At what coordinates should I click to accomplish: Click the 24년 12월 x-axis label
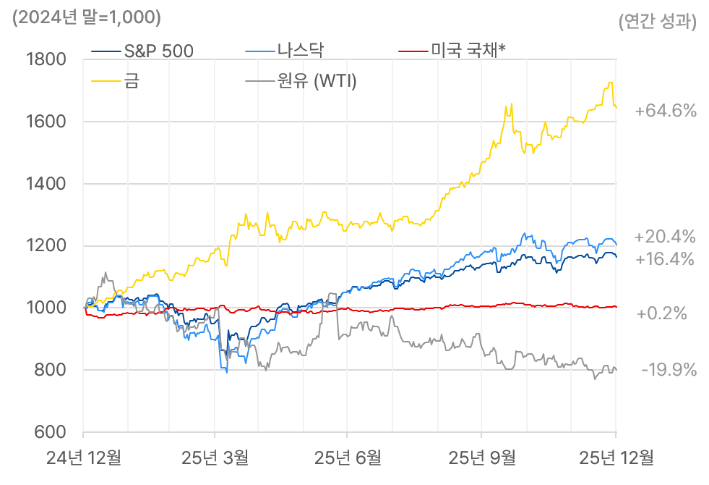(x=84, y=457)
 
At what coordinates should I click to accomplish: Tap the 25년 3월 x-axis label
(x=215, y=457)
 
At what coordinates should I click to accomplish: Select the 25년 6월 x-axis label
(x=348, y=457)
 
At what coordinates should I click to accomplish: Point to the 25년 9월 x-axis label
(x=482, y=457)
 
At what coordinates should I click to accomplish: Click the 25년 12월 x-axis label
(x=616, y=457)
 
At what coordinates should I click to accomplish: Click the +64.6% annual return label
(x=665, y=111)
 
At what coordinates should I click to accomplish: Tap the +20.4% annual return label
(x=665, y=237)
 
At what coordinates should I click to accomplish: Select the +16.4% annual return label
(x=665, y=259)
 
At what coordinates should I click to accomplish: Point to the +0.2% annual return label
(x=661, y=314)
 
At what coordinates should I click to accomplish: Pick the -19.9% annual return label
(x=669, y=371)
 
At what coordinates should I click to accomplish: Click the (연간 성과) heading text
(x=658, y=22)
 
